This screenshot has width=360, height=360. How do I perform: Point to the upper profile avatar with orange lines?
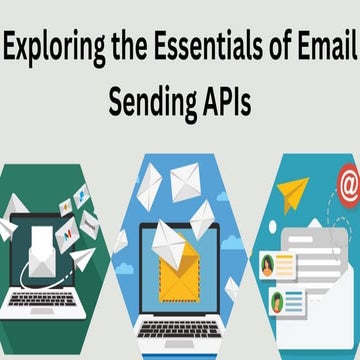click(269, 264)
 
